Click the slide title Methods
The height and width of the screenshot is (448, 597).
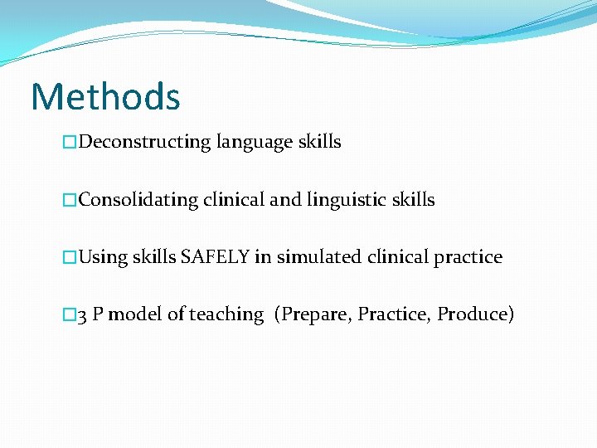point(105,96)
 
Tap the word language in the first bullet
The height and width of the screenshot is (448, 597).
point(255,143)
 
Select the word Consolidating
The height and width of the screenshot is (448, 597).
point(138,200)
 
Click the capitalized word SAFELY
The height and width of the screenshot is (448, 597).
point(216,257)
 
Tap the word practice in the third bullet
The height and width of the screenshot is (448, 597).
point(468,257)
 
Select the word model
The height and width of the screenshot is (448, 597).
point(135,315)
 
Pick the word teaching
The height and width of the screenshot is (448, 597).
point(226,315)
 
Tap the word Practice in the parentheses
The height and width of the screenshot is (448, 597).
point(394,315)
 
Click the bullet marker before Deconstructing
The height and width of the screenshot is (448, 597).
point(70,143)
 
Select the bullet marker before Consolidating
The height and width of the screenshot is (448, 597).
point(70,201)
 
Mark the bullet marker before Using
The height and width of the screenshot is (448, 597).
point(70,258)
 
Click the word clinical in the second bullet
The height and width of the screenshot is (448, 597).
point(235,200)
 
